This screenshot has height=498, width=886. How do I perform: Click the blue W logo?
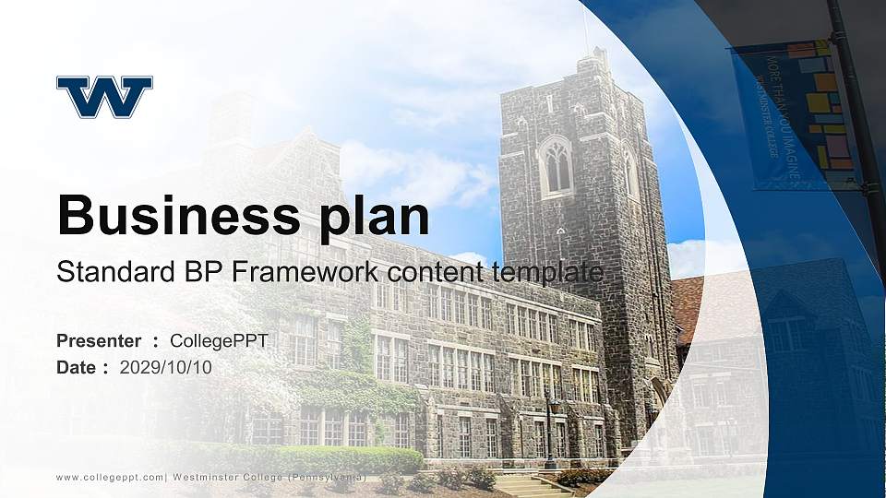pos(104,97)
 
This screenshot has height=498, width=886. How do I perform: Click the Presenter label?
pos(99,341)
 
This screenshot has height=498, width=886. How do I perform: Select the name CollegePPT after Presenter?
pos(219,341)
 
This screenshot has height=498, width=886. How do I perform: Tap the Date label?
pos(77,367)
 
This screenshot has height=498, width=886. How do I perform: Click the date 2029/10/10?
pos(166,367)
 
